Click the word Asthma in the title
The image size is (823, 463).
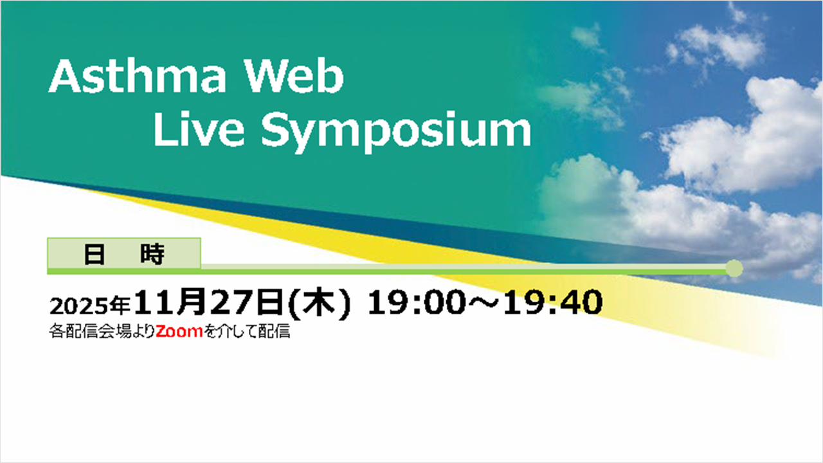tap(137, 76)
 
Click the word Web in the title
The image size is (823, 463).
tap(294, 76)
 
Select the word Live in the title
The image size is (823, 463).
tap(199, 129)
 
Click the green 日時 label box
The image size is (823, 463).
tap(124, 253)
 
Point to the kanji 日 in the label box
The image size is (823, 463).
tap(95, 254)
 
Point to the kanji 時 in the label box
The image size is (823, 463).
tap(152, 254)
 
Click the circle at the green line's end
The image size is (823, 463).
tap(734, 268)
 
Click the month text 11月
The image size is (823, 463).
tap(170, 302)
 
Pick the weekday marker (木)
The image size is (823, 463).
tap(320, 303)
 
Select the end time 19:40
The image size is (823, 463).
tap(553, 302)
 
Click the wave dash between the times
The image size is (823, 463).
tap(485, 302)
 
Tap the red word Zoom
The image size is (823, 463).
tap(179, 331)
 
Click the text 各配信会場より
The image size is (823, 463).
tap(102, 331)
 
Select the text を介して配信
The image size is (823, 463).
tap(247, 331)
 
